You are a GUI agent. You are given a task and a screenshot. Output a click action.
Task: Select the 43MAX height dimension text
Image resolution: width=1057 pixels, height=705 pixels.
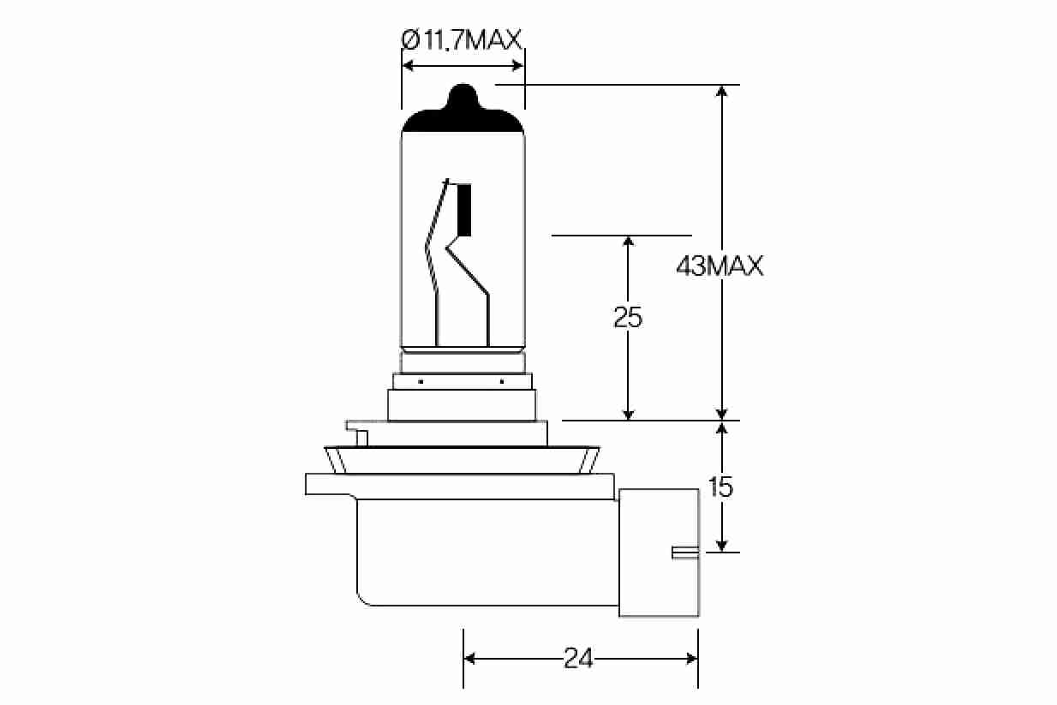(x=720, y=266)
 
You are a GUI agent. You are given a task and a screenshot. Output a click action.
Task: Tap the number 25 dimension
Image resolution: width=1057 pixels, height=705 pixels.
(x=628, y=318)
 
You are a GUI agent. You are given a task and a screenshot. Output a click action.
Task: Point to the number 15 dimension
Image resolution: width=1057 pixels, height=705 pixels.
(x=721, y=487)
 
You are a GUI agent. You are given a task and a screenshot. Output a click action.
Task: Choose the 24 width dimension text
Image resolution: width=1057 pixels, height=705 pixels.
(x=579, y=658)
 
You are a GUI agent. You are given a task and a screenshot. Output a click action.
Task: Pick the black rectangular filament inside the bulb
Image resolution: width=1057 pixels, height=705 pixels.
(x=465, y=210)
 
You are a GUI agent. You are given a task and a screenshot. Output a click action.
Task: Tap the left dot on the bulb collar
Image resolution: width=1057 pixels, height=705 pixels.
(x=421, y=380)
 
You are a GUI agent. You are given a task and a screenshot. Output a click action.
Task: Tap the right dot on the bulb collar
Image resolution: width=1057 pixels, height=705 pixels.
(x=502, y=380)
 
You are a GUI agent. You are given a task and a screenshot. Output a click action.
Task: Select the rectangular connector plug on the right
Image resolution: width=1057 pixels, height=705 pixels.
(x=659, y=552)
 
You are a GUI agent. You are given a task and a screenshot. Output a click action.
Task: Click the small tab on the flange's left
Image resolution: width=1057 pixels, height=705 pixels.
(x=361, y=438)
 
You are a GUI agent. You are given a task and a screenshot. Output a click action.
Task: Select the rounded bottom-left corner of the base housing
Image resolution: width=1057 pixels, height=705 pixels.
(x=363, y=596)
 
